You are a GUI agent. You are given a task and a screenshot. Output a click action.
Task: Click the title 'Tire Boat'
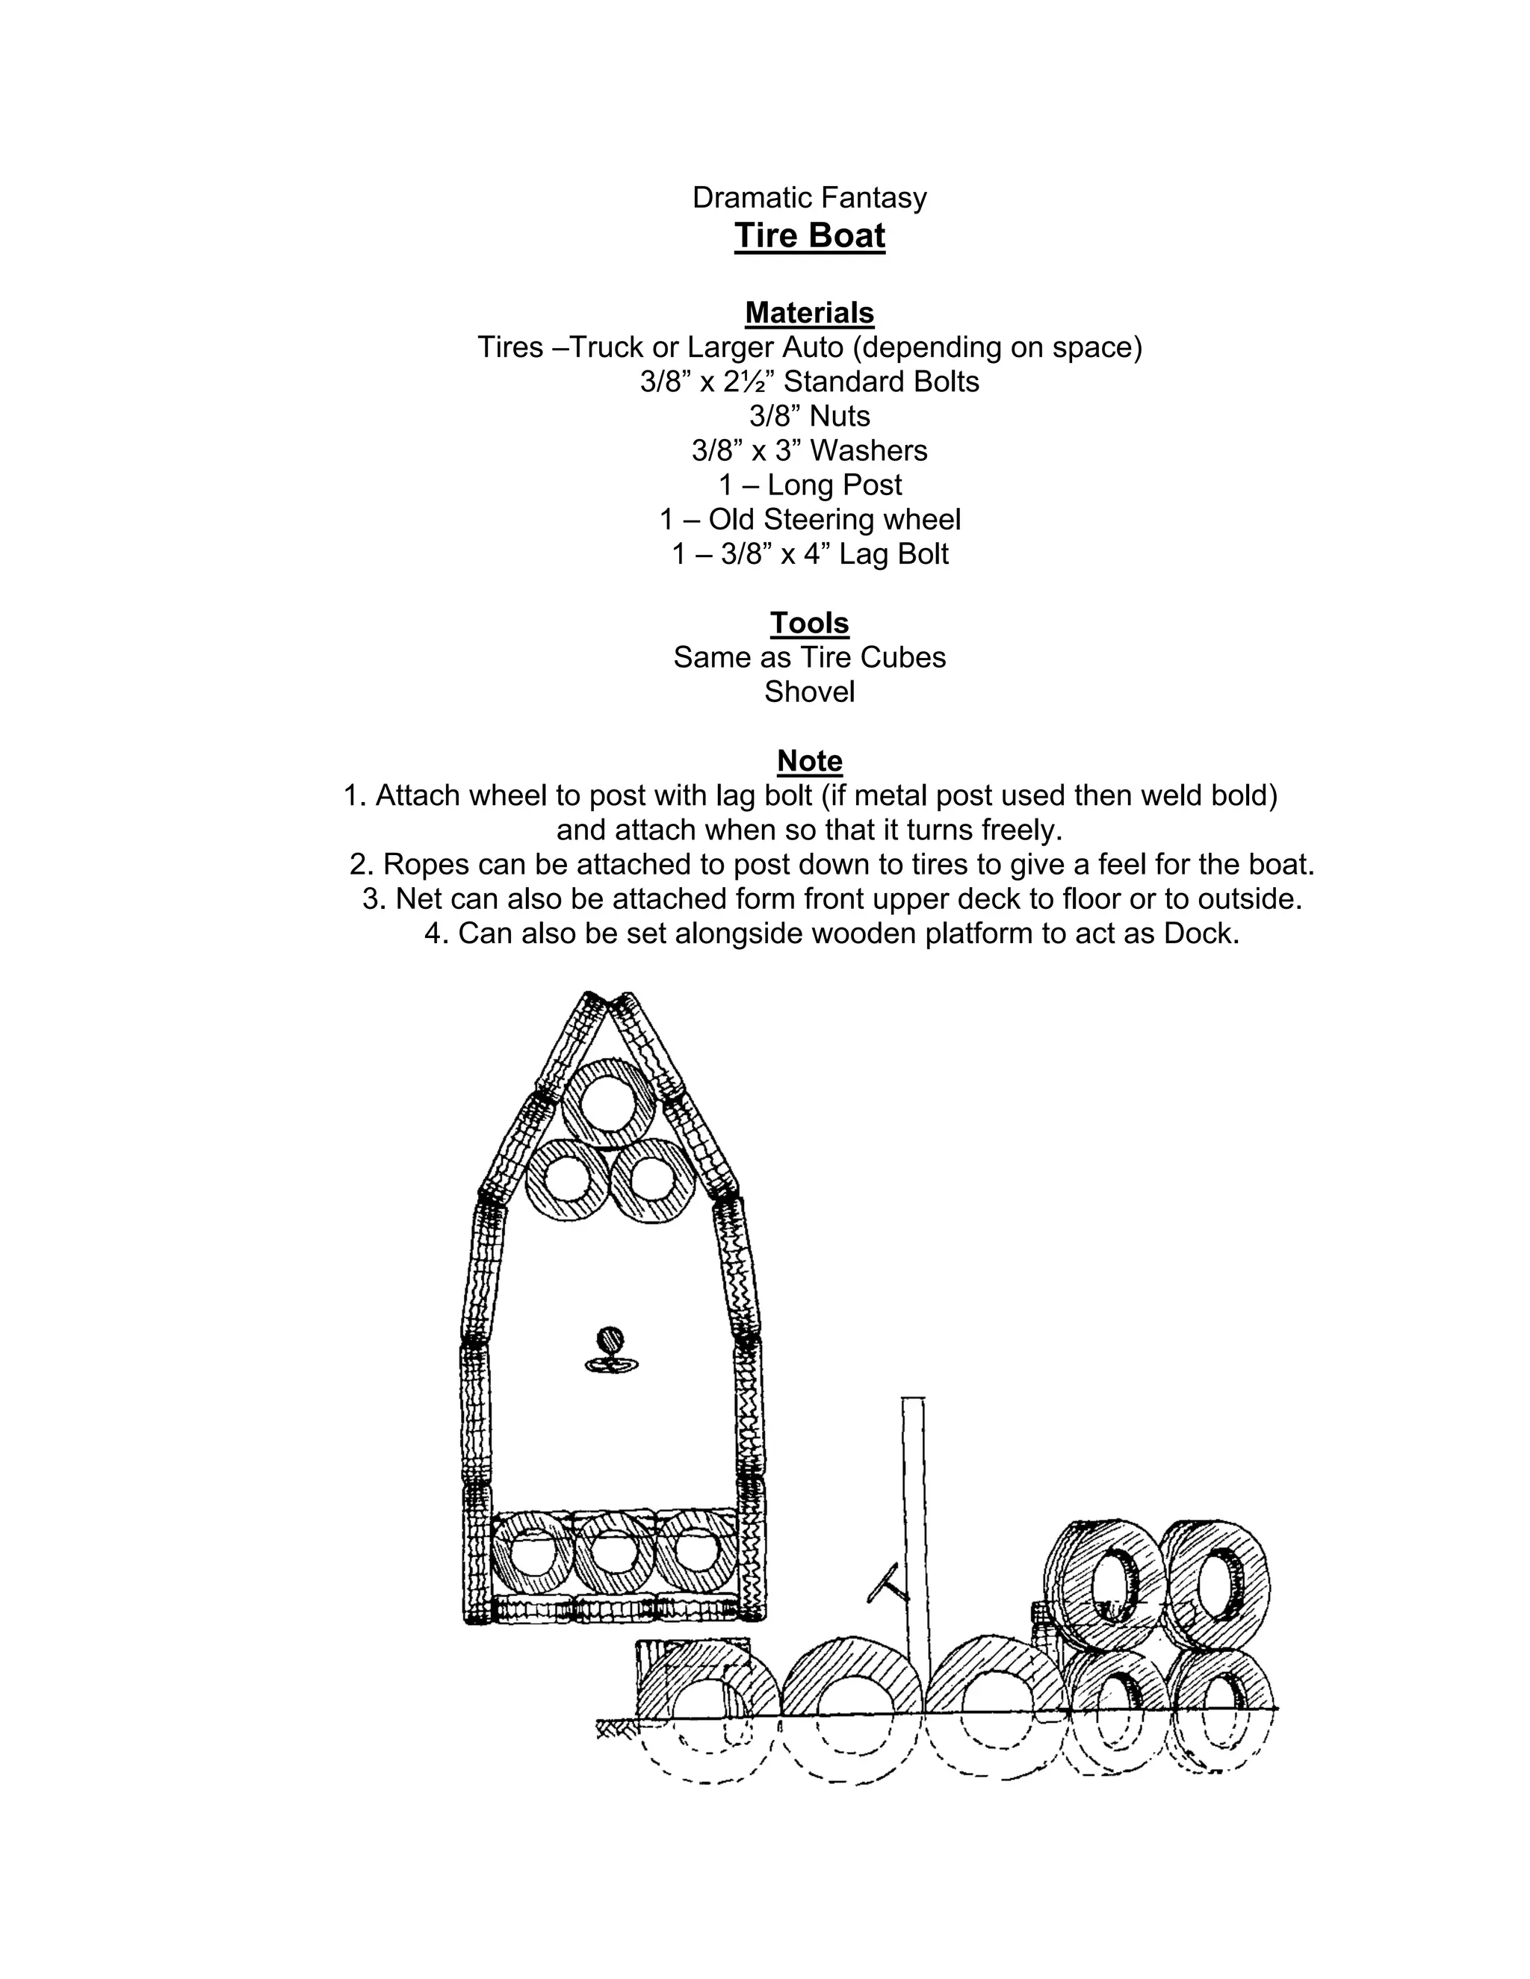click(809, 235)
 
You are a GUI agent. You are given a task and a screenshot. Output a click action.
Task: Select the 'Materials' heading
click(809, 313)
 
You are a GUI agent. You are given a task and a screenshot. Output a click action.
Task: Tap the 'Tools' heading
click(809, 623)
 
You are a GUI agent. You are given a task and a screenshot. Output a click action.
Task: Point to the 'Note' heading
click(809, 760)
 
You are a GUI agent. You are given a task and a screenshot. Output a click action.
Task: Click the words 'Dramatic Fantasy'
click(809, 198)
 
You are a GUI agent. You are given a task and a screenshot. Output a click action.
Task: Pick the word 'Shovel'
click(809, 692)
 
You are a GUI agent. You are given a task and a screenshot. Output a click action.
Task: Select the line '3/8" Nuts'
click(809, 416)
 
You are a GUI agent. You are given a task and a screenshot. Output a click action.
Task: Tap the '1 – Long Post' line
click(809, 485)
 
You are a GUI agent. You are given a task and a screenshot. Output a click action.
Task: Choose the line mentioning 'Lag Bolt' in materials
click(809, 553)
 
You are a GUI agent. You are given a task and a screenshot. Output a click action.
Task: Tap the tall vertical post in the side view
click(914, 1541)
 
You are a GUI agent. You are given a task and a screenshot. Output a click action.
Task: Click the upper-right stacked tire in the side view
click(1215, 1585)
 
